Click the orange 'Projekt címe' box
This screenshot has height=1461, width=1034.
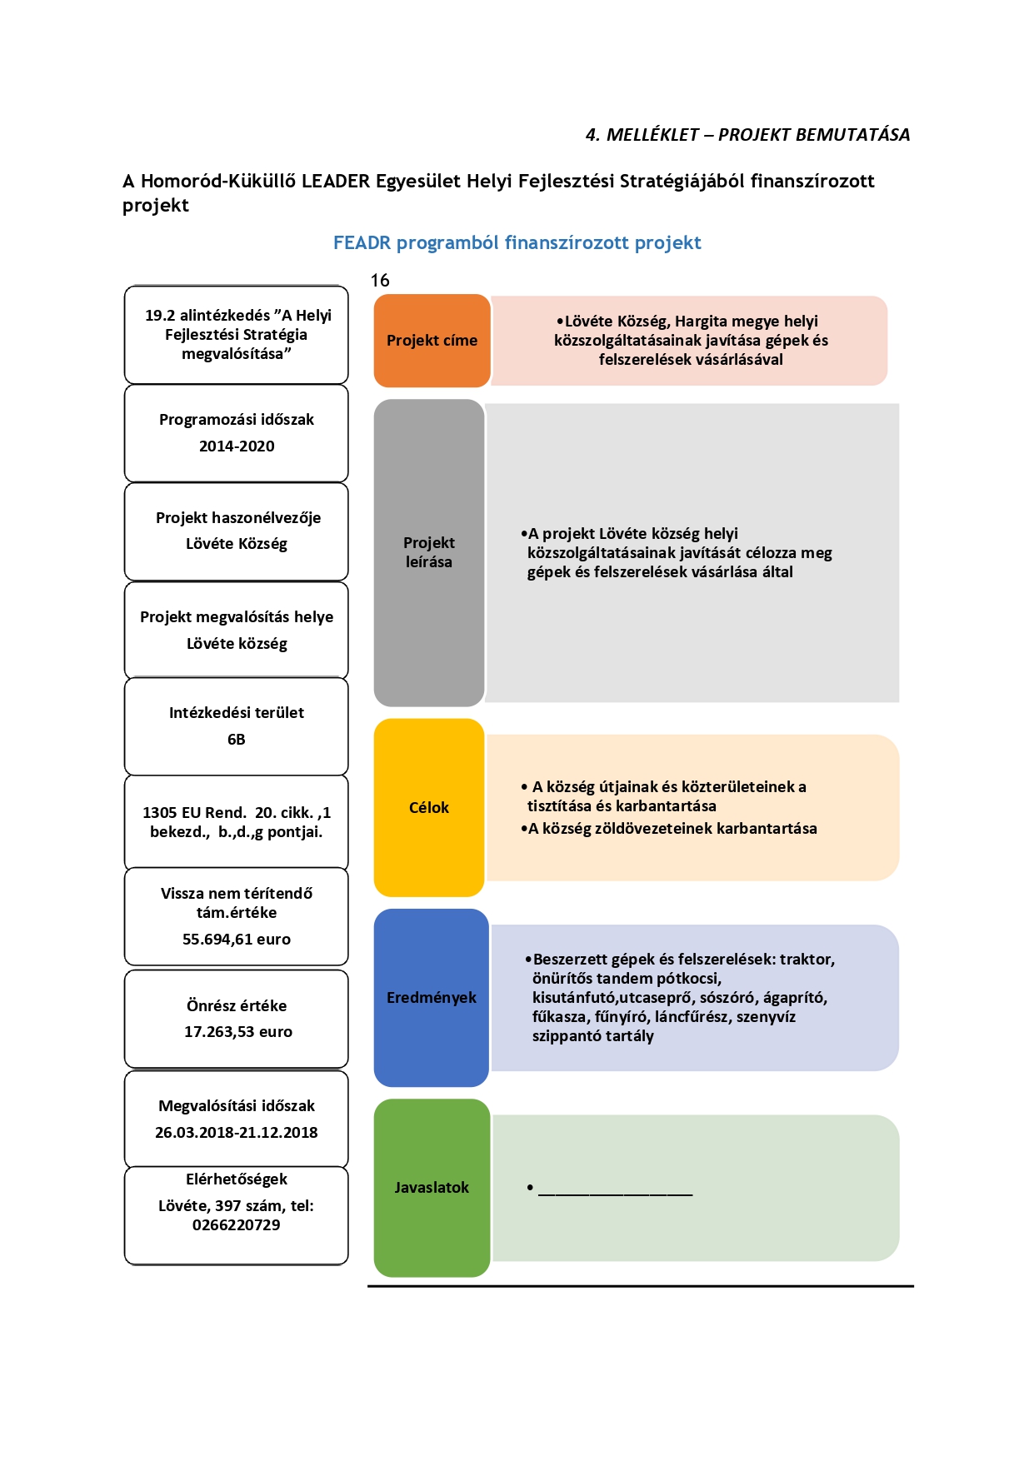click(432, 341)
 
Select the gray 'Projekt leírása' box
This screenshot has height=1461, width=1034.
click(429, 552)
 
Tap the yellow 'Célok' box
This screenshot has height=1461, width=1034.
click(429, 807)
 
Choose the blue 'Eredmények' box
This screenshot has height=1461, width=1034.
click(432, 997)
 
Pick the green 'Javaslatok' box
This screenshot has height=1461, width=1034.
click(432, 1188)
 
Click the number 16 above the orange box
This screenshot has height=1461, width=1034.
click(380, 281)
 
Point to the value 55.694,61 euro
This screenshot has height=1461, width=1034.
click(237, 940)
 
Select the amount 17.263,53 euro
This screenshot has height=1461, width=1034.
click(238, 1032)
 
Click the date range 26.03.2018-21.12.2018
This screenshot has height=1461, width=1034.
click(237, 1133)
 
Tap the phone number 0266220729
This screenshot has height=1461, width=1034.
click(237, 1225)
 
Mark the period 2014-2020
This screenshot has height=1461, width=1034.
click(237, 446)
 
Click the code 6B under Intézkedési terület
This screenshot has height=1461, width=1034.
click(237, 740)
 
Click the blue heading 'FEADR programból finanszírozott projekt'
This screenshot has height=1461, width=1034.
click(517, 243)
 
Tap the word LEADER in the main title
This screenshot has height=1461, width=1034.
click(336, 182)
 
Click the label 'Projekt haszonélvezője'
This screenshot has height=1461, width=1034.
click(238, 518)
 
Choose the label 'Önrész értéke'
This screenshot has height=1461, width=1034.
click(237, 1006)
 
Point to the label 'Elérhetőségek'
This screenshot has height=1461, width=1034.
click(237, 1179)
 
